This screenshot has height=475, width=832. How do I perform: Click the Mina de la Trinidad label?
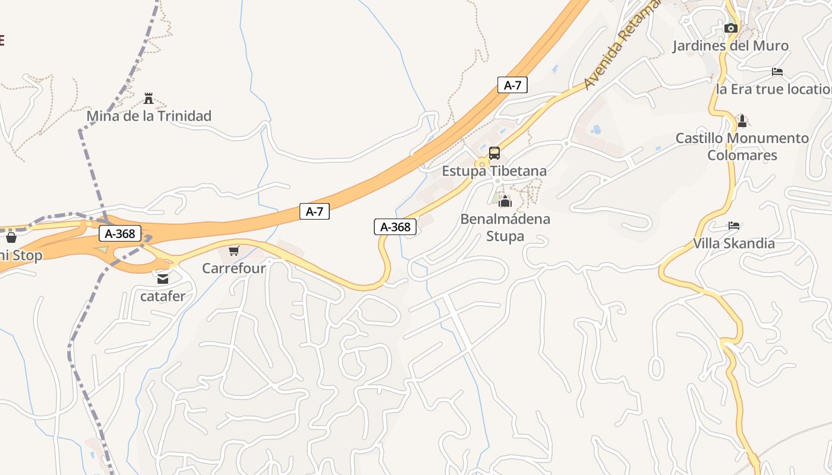(149, 116)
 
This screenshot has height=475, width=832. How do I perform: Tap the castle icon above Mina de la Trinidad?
(149, 98)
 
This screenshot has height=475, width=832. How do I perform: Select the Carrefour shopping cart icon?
(234, 251)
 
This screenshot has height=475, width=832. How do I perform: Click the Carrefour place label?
(234, 268)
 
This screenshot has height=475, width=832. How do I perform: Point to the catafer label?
(163, 296)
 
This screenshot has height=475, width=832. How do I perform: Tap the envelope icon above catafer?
(162, 278)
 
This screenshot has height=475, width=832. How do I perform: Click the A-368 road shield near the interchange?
(120, 234)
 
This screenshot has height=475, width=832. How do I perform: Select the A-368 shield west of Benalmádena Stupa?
(395, 227)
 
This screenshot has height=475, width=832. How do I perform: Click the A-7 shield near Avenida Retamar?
(512, 85)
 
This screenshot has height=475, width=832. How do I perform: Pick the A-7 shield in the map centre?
(314, 211)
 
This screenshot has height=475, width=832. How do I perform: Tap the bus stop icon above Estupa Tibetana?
(494, 153)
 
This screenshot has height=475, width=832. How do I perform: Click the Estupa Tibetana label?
(494, 171)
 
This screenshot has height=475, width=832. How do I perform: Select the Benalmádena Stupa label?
(505, 227)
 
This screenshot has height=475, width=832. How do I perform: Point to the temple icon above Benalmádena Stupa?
(505, 202)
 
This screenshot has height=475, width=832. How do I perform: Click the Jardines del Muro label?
(730, 46)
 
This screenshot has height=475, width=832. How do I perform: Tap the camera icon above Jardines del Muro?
(731, 28)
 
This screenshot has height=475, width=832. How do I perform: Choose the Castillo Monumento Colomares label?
(742, 147)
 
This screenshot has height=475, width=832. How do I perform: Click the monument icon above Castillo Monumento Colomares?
(742, 122)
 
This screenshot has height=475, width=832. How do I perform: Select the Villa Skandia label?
(734, 243)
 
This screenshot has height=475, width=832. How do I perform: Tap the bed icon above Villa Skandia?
(734, 226)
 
